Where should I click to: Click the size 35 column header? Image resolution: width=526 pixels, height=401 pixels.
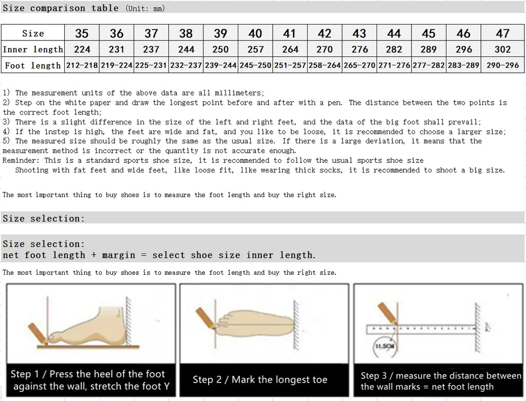(82, 33)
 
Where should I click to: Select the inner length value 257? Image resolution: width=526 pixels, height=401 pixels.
(255, 49)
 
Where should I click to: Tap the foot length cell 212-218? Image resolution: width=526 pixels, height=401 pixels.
(82, 66)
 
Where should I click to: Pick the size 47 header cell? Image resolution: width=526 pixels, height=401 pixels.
(502, 33)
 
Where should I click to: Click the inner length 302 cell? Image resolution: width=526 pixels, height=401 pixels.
(502, 49)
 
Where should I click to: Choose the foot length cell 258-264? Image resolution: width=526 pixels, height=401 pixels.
(324, 66)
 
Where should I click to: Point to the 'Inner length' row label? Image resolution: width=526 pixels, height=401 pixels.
(33, 49)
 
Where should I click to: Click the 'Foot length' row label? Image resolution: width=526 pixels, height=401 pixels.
(33, 66)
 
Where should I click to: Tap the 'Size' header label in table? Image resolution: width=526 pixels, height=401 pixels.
(33, 33)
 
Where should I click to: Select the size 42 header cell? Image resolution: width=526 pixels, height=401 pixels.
(324, 33)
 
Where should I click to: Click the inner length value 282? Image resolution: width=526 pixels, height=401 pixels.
(394, 49)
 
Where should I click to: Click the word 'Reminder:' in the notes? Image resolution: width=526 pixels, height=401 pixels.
(20, 161)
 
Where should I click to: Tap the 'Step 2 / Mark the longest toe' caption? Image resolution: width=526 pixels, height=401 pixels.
(260, 380)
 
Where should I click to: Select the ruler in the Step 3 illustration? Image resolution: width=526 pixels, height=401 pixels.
(421, 329)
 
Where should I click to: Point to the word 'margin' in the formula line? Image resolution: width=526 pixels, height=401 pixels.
(119, 255)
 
